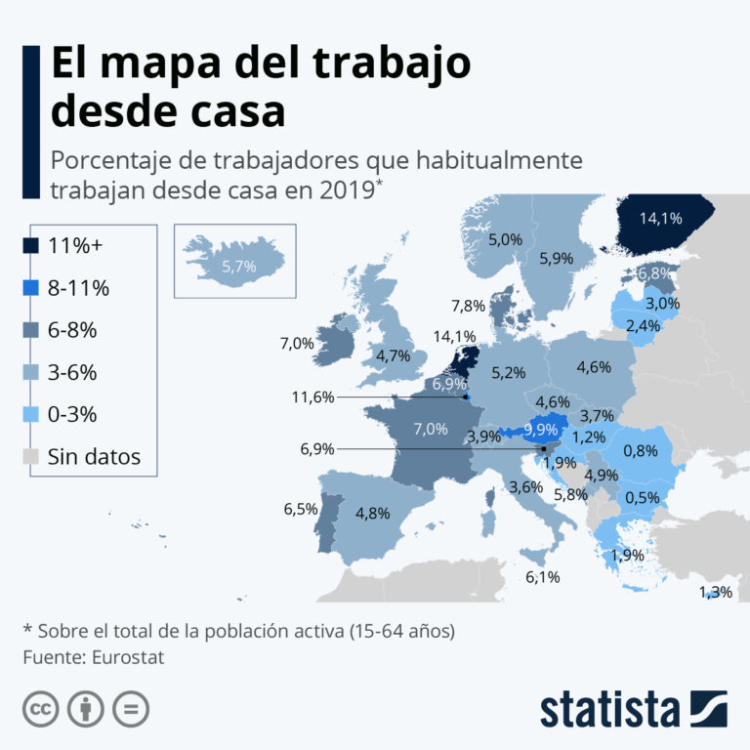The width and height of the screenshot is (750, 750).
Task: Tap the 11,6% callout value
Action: pyautogui.click(x=312, y=397)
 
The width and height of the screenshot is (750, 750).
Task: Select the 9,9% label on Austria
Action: pyautogui.click(x=540, y=430)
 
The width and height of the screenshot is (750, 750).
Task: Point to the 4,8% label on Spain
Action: pyautogui.click(x=373, y=514)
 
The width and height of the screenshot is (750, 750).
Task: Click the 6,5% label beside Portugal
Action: pyautogui.click(x=301, y=509)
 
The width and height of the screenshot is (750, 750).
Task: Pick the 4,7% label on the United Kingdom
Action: pyautogui.click(x=393, y=355)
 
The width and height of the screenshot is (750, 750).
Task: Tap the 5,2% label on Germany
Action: pyautogui.click(x=509, y=372)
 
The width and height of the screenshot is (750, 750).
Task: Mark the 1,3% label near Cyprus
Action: pyautogui.click(x=715, y=592)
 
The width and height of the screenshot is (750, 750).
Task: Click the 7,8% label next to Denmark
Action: pyautogui.click(x=469, y=306)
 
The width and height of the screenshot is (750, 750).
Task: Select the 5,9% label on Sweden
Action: pyautogui.click(x=557, y=259)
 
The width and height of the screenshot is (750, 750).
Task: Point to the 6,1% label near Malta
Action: pyautogui.click(x=542, y=577)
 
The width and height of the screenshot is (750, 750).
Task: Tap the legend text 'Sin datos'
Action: pyautogui.click(x=95, y=456)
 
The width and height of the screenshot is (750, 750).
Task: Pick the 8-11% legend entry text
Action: pyautogui.click(x=78, y=288)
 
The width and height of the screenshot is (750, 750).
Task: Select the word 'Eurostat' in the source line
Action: pyautogui.click(x=124, y=657)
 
